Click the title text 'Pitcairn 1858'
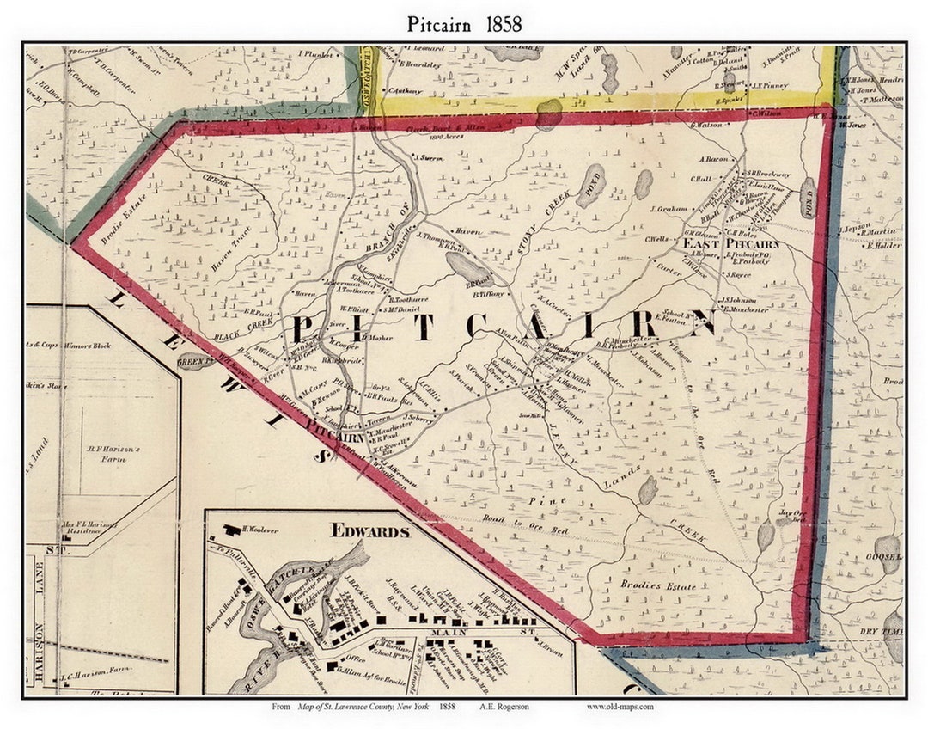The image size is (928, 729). [464, 24]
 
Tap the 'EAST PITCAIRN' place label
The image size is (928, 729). [731, 243]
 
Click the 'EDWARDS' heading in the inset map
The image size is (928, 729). [370, 530]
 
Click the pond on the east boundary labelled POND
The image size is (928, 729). [808, 198]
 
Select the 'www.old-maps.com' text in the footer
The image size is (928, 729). [620, 707]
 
